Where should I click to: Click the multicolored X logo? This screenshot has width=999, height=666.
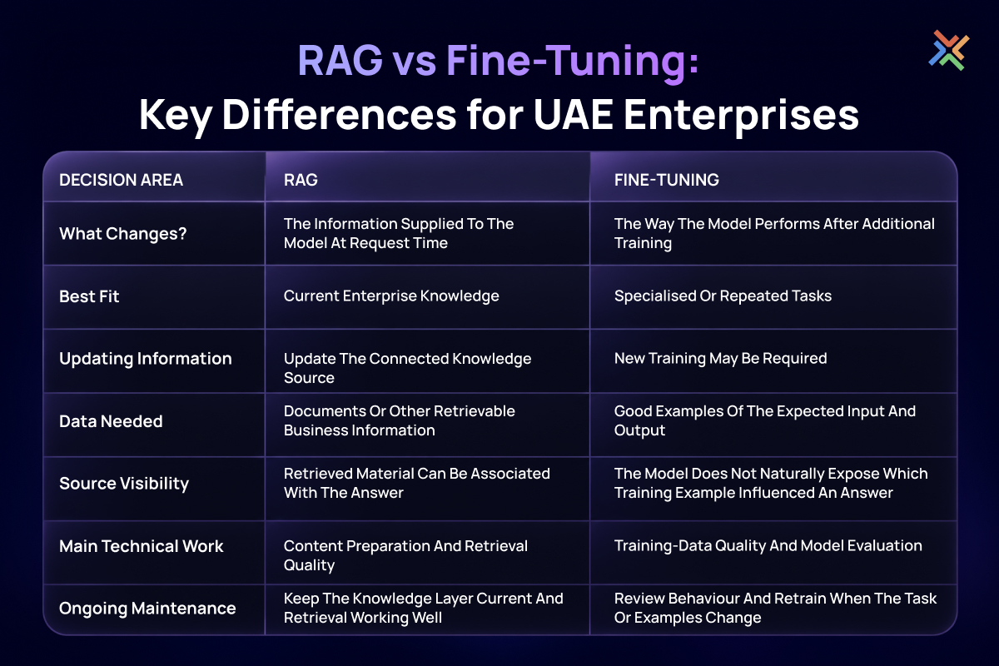click(x=948, y=50)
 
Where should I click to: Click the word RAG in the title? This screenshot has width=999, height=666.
click(x=340, y=60)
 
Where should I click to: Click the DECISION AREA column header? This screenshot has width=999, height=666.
click(x=121, y=180)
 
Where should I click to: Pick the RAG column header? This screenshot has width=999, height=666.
click(x=301, y=180)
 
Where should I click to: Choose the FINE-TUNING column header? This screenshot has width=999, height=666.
click(x=666, y=180)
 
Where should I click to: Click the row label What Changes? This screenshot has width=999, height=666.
click(x=122, y=234)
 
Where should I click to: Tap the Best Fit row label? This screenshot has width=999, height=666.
click(x=89, y=296)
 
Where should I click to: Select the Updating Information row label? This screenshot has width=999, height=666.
click(x=146, y=359)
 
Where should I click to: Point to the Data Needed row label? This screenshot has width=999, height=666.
click(x=111, y=421)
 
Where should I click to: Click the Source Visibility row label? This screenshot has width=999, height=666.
click(x=124, y=484)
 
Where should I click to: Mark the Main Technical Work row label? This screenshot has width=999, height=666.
click(x=141, y=546)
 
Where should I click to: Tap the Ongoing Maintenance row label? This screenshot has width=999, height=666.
click(x=147, y=609)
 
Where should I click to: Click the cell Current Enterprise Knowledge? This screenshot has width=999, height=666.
click(x=391, y=296)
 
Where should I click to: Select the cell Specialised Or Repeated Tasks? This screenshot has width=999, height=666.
click(x=723, y=296)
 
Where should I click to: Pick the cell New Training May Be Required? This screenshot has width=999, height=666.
click(x=720, y=359)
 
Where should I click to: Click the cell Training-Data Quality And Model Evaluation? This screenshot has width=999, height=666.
click(x=768, y=546)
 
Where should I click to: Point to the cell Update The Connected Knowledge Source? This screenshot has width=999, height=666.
click(x=407, y=368)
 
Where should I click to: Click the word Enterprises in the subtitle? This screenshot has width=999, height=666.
click(x=741, y=116)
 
